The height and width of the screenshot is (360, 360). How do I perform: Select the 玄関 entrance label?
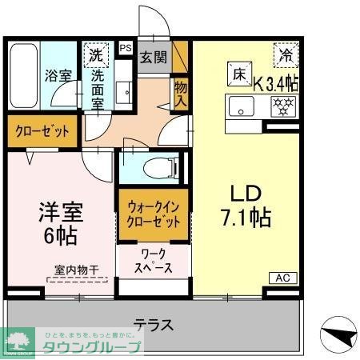point(154,58)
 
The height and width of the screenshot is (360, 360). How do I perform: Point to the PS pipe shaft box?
point(125,48)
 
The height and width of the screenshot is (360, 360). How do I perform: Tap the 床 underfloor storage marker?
point(238,72)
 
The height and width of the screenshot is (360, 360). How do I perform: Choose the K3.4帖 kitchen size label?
point(276,82)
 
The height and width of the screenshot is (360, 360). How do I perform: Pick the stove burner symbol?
point(282,105)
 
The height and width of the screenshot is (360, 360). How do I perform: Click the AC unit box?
point(283,278)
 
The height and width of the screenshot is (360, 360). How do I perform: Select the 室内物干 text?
point(76,271)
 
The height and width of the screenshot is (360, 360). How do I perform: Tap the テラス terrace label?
point(154,325)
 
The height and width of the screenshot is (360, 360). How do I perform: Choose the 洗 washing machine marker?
point(96,56)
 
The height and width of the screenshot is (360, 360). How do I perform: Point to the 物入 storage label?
point(180,94)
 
